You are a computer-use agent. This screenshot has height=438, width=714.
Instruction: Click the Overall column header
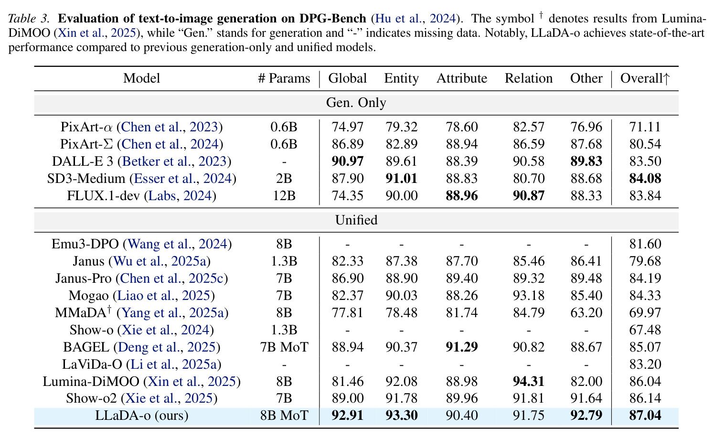tap(645, 78)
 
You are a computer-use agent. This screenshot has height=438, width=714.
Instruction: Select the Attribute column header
tap(461, 78)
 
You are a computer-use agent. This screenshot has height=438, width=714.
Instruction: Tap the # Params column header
tap(284, 78)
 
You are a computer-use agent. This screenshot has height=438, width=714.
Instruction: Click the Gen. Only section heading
tap(356, 103)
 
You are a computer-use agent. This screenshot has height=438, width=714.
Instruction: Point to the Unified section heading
tap(356, 220)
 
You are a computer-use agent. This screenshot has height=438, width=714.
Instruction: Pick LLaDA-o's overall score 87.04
tap(645, 416)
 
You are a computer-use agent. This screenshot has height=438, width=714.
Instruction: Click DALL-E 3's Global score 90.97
tap(347, 161)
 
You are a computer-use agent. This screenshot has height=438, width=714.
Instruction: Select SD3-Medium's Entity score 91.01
tap(401, 179)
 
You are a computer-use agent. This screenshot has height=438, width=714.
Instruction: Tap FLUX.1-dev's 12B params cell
tap(284, 196)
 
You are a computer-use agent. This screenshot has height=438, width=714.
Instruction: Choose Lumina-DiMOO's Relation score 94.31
tap(529, 382)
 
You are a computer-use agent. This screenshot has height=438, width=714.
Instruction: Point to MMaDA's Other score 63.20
tap(586, 313)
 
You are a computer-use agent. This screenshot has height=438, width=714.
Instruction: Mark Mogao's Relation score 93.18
tap(529, 296)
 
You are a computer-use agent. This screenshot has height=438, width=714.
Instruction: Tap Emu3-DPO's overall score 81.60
tap(645, 244)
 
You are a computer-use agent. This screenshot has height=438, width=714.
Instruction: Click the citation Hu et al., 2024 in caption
tap(416, 19)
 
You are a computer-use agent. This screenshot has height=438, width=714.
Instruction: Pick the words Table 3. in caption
tap(29, 19)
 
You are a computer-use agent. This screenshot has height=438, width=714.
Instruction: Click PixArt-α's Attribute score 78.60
tap(461, 127)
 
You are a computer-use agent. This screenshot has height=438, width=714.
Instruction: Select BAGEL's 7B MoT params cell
tap(284, 347)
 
